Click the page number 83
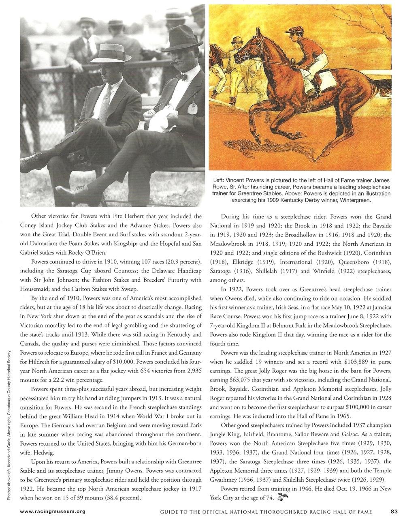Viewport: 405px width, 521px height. pyautogui.click(x=394, y=511)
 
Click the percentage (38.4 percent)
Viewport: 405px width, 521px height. pyautogui.click(x=120, y=497)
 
